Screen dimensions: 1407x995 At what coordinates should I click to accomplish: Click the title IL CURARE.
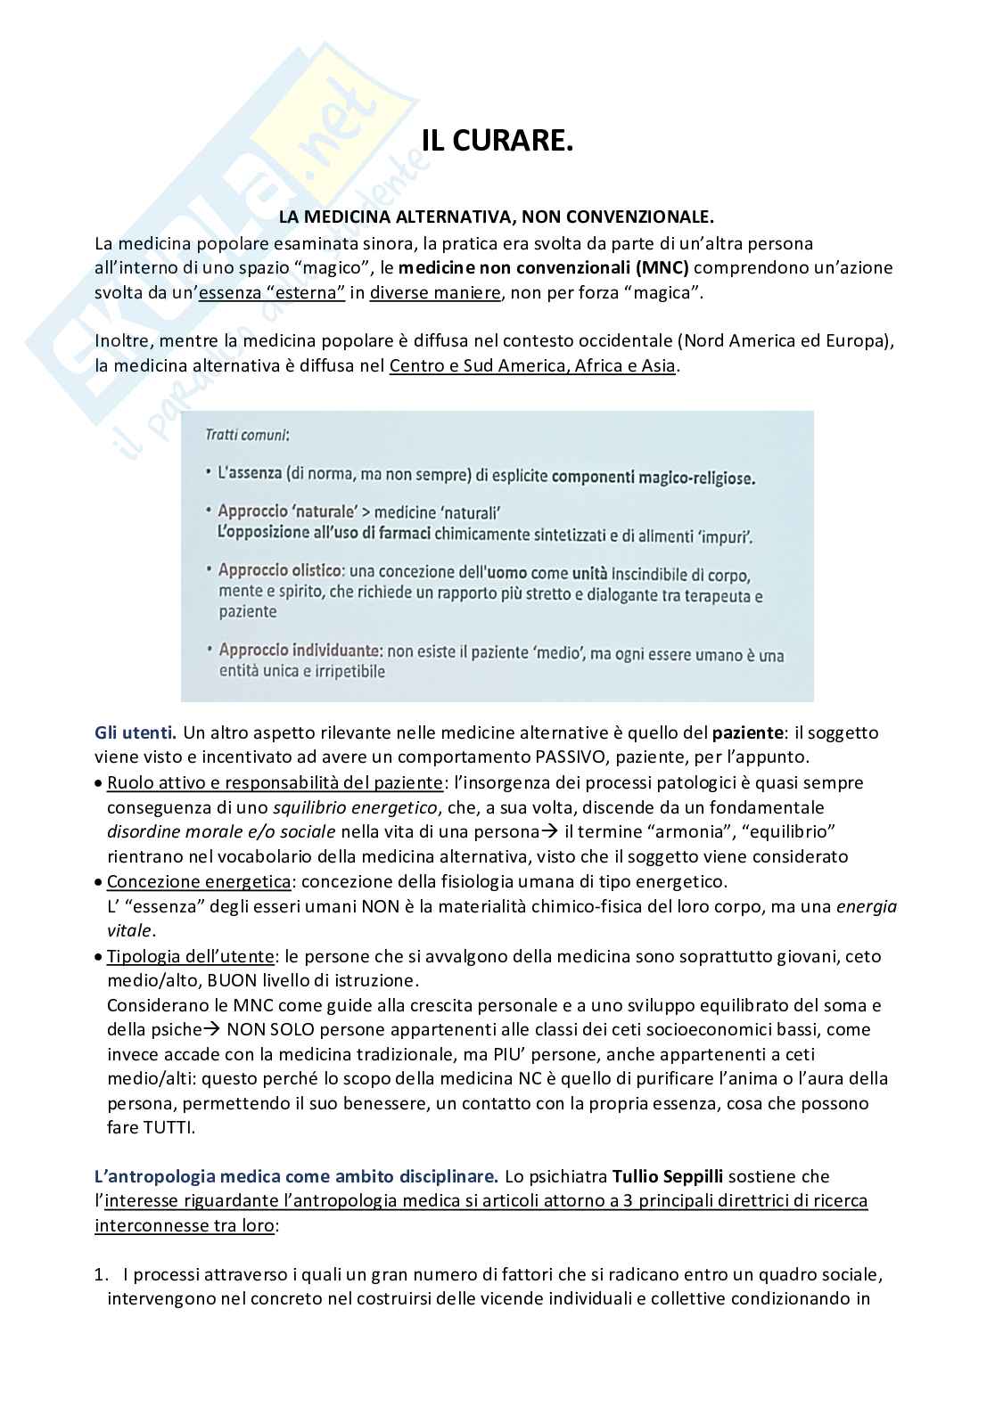[497, 141]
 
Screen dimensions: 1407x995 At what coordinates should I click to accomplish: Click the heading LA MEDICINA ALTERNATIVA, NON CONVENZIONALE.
[497, 217]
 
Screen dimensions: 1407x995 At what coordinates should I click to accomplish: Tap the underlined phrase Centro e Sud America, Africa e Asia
[532, 365]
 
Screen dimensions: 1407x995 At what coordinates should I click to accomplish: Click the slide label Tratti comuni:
[247, 435]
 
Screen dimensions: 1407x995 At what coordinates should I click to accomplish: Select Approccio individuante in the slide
[293, 651]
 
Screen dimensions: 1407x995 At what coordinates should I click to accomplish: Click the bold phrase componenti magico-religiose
[653, 478]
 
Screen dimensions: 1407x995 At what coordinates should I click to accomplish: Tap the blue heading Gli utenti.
[136, 732]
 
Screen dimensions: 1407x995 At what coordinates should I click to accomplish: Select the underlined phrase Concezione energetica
[198, 881]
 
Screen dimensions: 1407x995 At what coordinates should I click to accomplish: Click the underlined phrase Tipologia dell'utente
[190, 956]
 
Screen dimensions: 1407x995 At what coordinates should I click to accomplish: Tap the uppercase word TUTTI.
[168, 1127]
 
